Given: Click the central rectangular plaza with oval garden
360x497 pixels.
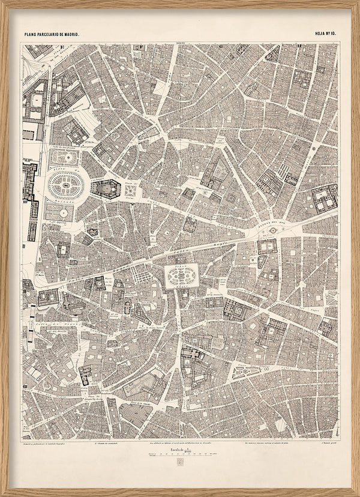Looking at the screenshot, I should pyautogui.click(x=181, y=277).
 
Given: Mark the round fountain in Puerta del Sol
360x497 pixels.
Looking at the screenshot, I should pyautogui.click(x=273, y=229).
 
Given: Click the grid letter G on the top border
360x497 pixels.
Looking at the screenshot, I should pyautogui.click(x=221, y=46).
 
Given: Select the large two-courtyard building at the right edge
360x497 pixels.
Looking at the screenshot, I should pyautogui.click(x=324, y=198).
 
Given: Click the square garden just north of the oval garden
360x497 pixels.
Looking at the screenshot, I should pyautogui.click(x=64, y=157).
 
